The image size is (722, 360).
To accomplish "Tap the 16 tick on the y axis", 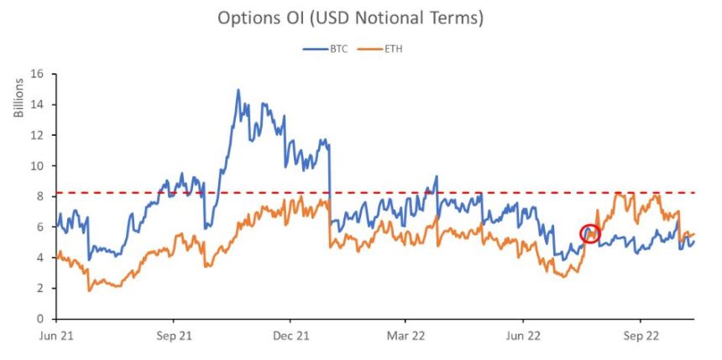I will [38, 74].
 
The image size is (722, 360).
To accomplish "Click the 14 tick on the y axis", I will [38, 104].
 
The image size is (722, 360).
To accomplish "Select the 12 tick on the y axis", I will [38, 135].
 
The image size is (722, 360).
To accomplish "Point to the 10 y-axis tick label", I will [38, 165].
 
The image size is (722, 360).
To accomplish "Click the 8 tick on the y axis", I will [40, 196].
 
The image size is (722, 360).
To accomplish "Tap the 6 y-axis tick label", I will [40, 227].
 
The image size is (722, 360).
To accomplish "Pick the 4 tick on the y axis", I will [40, 258].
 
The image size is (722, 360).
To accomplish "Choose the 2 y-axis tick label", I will [40, 288].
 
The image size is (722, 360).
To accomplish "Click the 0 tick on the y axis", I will [40, 319].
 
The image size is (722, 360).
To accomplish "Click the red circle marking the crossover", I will [590, 234].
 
